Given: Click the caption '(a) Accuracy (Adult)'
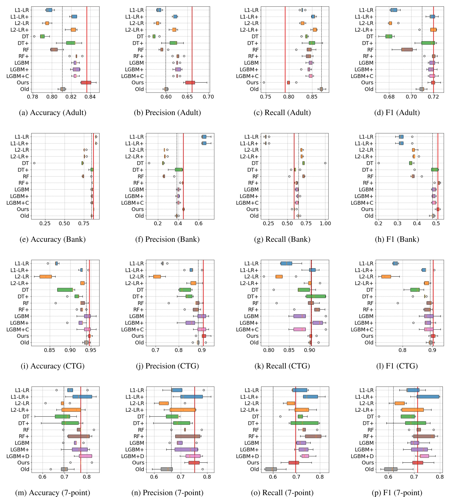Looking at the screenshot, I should click(53, 113).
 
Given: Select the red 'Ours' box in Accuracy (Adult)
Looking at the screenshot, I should click(86, 83).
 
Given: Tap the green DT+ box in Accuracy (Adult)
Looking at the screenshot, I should click(71, 43).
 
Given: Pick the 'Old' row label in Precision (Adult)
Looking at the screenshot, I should click(139, 89).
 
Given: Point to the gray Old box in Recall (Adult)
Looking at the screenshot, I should click(321, 89).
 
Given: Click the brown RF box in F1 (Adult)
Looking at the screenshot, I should click(407, 49).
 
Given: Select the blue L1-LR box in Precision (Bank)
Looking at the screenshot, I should click(204, 137).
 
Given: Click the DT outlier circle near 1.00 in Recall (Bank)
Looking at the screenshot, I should click(325, 163).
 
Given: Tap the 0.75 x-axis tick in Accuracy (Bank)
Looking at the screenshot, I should click(84, 224).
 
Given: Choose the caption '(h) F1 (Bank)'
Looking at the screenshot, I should click(397, 239).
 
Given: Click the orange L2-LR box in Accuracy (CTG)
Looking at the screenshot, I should click(46, 276).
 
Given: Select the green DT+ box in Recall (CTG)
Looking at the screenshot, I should click(316, 296).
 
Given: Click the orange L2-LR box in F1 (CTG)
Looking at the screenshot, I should click(386, 276).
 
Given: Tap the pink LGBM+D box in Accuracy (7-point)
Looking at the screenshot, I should click(85, 456).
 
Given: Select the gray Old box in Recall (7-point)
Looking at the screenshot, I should click(271, 469).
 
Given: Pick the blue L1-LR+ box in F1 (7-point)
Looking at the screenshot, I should click(428, 397).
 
